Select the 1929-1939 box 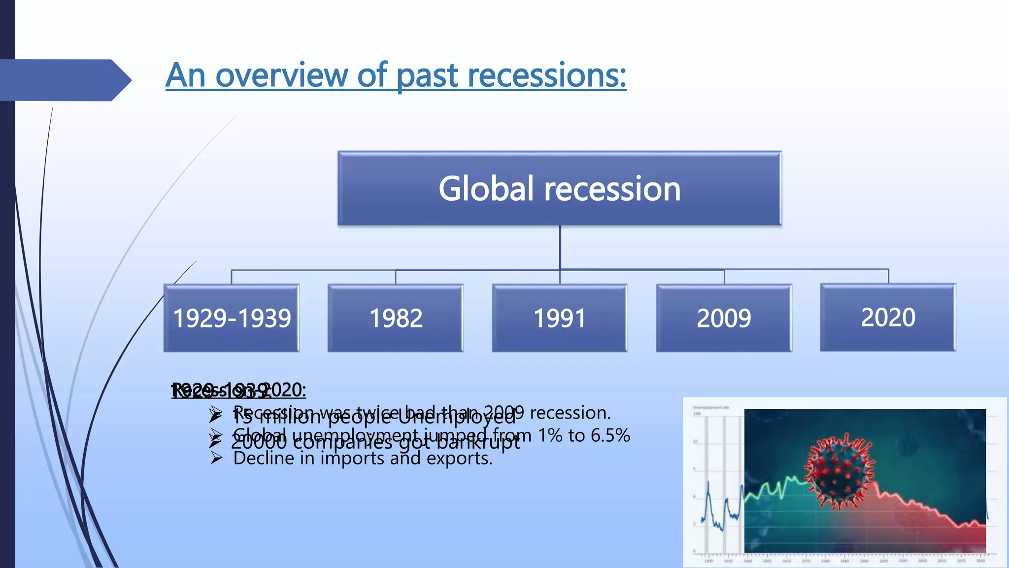232,318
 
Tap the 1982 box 396,318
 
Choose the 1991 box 560,318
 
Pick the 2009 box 724,318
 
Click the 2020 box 888,317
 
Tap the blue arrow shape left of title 64,80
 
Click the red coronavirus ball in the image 840,471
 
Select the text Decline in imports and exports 363,459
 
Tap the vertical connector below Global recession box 560,247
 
